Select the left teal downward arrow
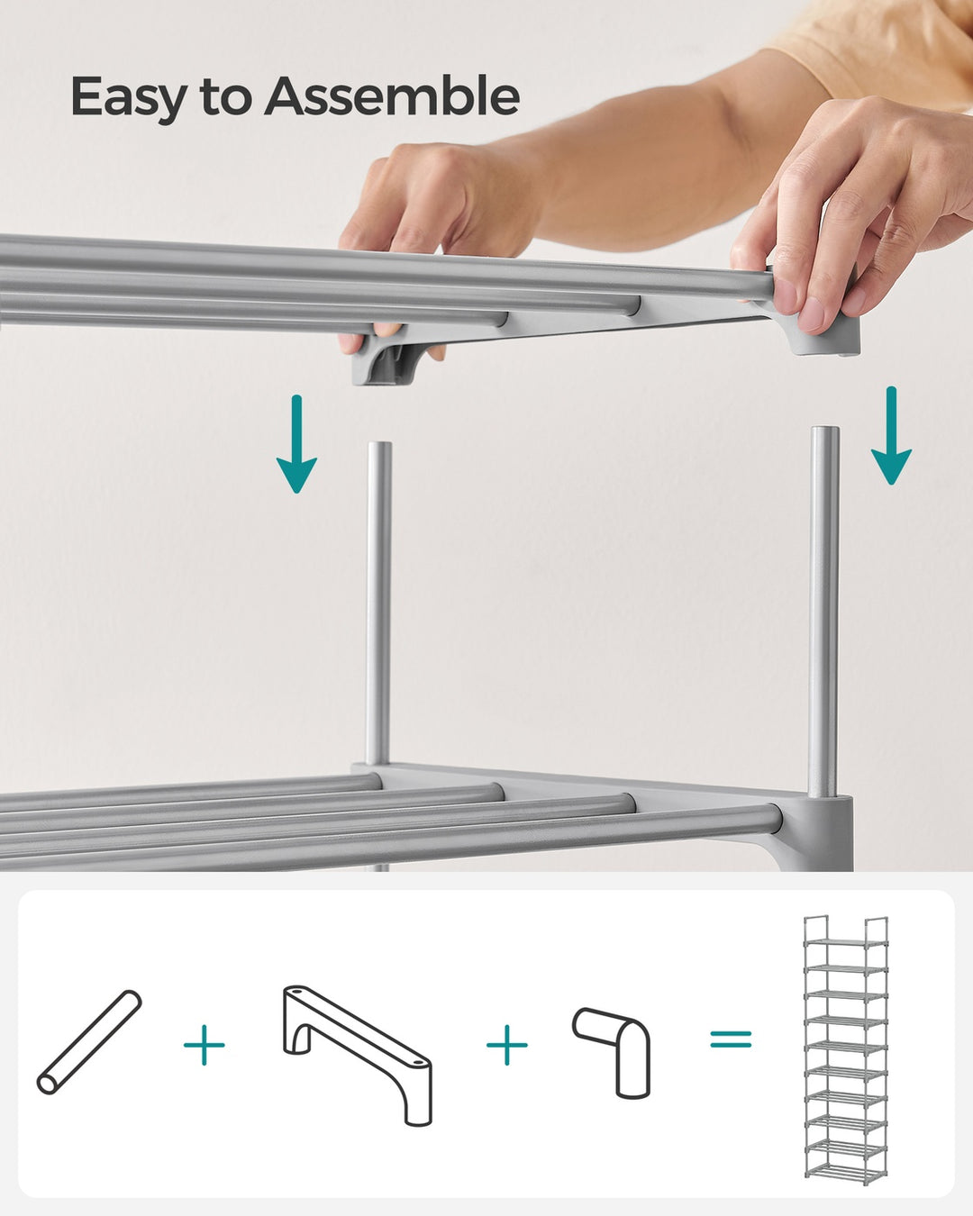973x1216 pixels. pyautogui.click(x=296, y=446)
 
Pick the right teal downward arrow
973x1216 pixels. pyautogui.click(x=891, y=437)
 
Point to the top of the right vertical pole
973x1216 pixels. pyautogui.click(x=824, y=433)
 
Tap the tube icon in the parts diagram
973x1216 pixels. pyautogui.click(x=89, y=1042)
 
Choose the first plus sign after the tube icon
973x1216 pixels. pyautogui.click(x=205, y=1045)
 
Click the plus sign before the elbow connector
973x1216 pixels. pyautogui.click(x=507, y=1045)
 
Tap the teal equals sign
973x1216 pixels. pyautogui.click(x=730, y=1039)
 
